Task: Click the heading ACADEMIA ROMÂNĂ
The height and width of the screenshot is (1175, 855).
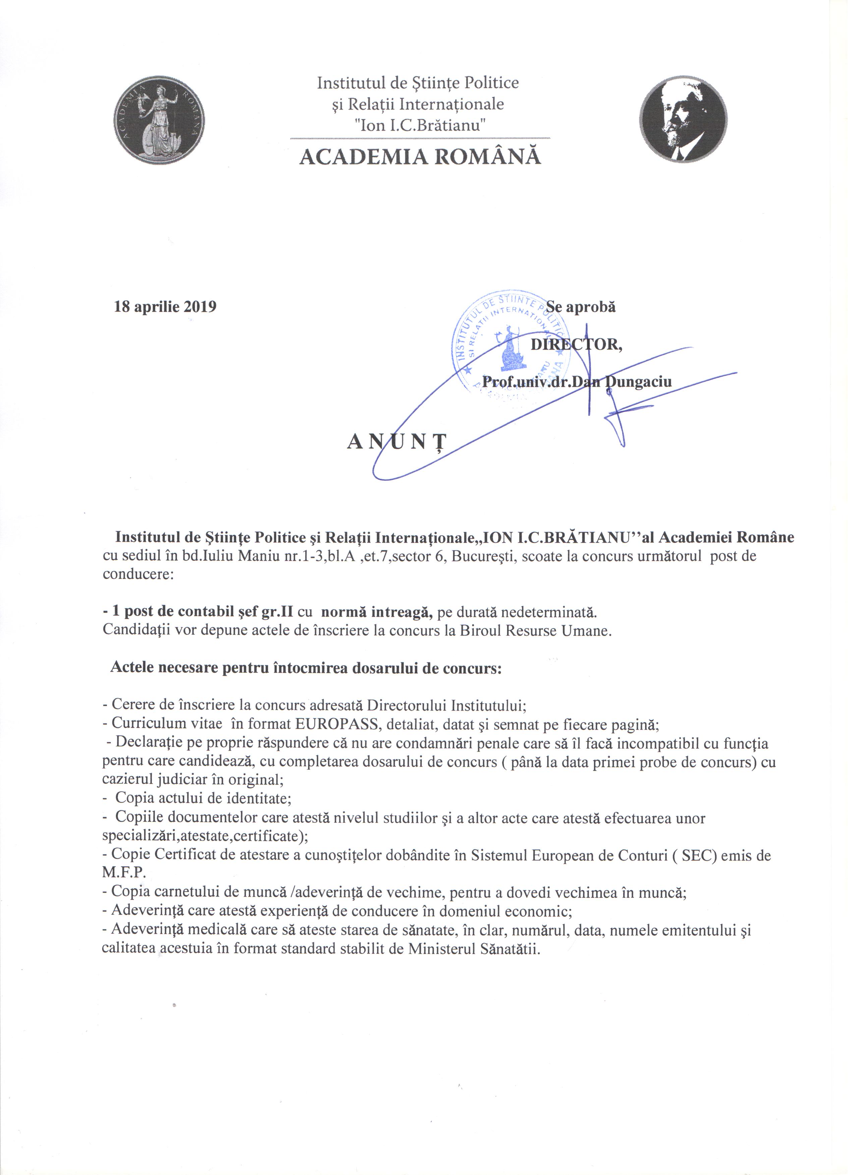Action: [420, 157]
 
